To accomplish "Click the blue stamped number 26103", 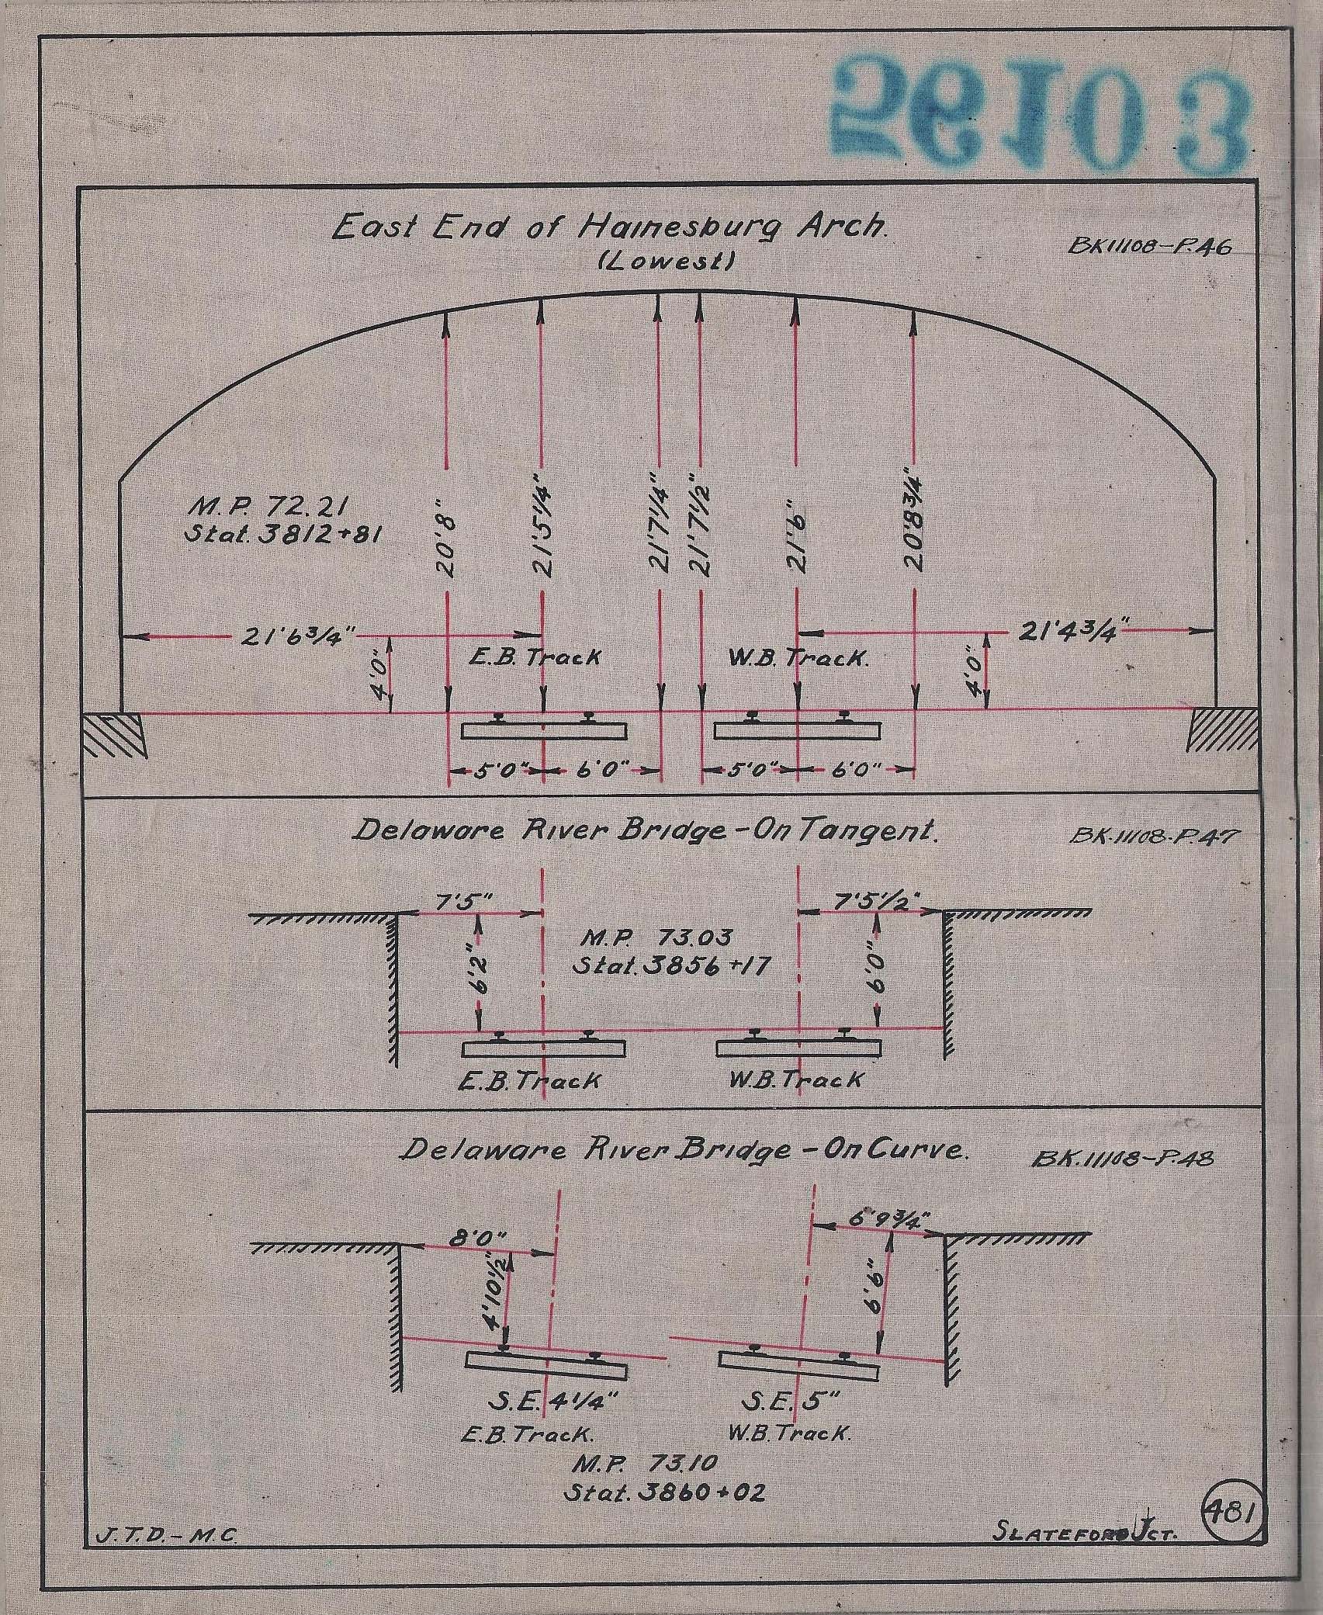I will [x=1040, y=114].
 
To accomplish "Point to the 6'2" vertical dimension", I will [x=483, y=976].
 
